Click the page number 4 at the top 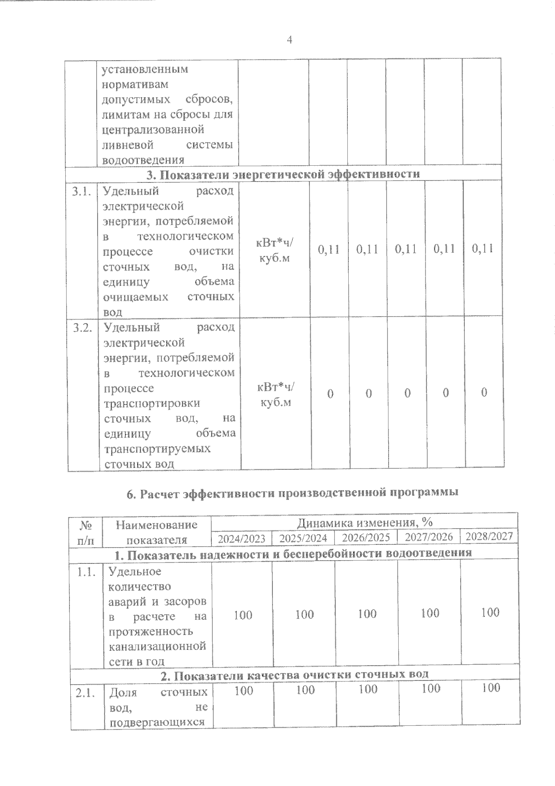pyautogui.click(x=290, y=40)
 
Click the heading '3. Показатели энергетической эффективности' pyautogui.click(x=283, y=174)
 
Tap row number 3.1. pyautogui.click(x=81, y=192)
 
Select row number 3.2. pyautogui.click(x=82, y=328)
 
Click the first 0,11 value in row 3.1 pyautogui.click(x=329, y=250)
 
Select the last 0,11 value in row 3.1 pyautogui.click(x=482, y=248)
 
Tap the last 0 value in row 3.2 pyautogui.click(x=484, y=393)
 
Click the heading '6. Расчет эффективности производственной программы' pyautogui.click(x=292, y=493)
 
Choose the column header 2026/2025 pyautogui.click(x=366, y=538)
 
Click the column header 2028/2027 pyautogui.click(x=489, y=536)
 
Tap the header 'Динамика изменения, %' pyautogui.click(x=364, y=523)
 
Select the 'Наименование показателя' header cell pyautogui.click(x=156, y=532)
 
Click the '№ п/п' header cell pyautogui.click(x=86, y=533)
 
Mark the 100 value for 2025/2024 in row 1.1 pyautogui.click(x=304, y=614)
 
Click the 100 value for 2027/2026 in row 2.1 pyautogui.click(x=430, y=689)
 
